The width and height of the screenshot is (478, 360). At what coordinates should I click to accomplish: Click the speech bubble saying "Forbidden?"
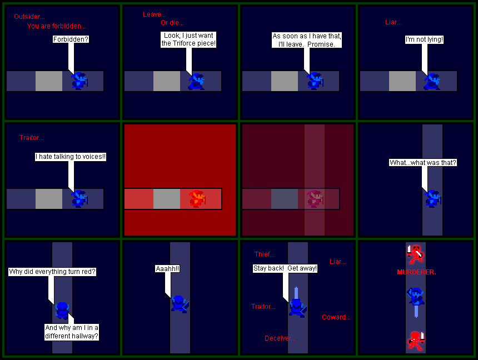[71, 39]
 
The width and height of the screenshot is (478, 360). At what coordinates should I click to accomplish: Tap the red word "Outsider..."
[29, 17]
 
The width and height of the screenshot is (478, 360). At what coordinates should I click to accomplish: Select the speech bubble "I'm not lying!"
[424, 39]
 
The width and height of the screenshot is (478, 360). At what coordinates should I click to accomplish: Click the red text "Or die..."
[172, 23]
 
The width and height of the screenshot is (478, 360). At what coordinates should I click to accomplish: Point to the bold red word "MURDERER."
[416, 272]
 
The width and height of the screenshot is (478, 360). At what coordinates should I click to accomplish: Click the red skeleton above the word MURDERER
[415, 254]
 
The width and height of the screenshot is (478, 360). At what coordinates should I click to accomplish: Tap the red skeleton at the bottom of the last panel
[416, 341]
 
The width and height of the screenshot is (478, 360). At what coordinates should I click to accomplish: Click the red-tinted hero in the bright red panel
[197, 199]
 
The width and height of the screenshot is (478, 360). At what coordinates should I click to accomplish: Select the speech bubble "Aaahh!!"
[167, 268]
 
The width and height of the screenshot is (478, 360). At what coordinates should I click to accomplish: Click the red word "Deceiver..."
[280, 338]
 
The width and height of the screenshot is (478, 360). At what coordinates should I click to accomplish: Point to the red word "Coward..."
[336, 317]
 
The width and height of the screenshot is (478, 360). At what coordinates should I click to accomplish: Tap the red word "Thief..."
[265, 254]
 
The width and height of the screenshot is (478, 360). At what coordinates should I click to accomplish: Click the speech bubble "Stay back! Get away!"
[285, 268]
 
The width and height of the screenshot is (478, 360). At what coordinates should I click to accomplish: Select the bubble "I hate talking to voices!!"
[71, 157]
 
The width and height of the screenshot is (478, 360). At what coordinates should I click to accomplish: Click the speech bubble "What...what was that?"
[423, 162]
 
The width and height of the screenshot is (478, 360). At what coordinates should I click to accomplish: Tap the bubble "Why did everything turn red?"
[52, 272]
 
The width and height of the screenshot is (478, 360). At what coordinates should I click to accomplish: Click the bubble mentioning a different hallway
[72, 332]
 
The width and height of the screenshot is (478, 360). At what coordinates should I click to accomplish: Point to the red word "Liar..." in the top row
[394, 22]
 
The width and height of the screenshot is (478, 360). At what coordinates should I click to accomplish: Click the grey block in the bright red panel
[166, 199]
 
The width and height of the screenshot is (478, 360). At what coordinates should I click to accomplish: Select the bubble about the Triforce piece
[188, 39]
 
